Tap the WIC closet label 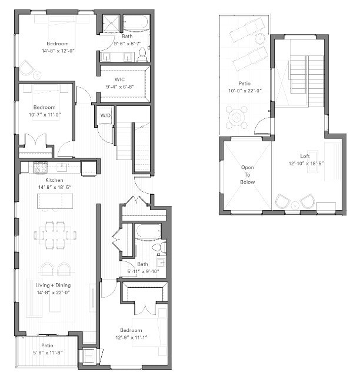[x=120, y=79]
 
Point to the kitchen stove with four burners [x=41, y=168]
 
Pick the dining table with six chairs [x=56, y=234]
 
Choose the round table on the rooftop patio [x=236, y=117]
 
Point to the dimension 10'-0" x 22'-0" [x=245, y=90]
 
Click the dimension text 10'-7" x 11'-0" [x=45, y=114]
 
